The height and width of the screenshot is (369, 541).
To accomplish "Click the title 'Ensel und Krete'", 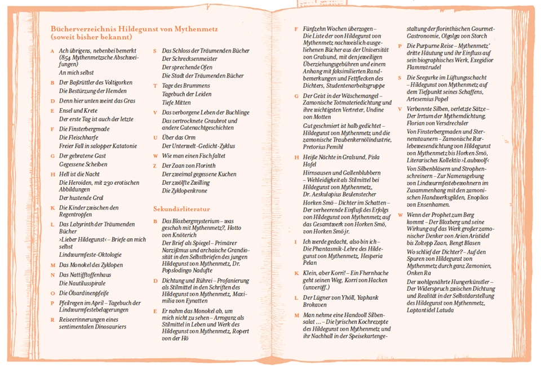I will click(78, 110).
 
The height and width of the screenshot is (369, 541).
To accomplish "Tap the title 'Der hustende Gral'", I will click(82, 198).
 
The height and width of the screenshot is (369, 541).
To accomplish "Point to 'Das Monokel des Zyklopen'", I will click(91, 264).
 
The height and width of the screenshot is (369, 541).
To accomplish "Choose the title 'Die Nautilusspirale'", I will click(85, 283).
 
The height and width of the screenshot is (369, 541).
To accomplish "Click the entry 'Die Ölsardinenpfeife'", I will click(84, 293).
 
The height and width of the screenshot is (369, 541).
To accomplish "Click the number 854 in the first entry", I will click(67, 58).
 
